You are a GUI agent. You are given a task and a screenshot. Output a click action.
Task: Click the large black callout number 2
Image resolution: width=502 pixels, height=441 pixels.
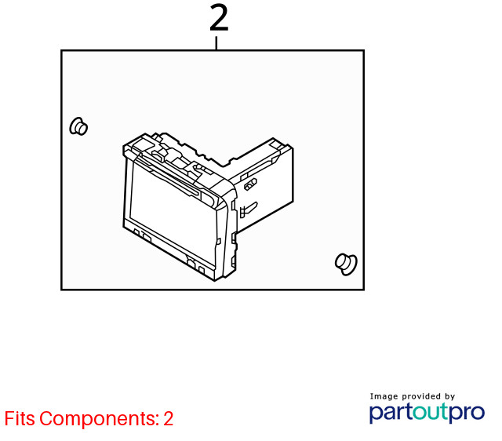point(219,18)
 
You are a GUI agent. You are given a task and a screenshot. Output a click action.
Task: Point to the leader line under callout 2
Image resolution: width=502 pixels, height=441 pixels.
point(216,43)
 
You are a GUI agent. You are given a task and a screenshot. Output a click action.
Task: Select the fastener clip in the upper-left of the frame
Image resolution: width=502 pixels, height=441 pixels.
point(78,126)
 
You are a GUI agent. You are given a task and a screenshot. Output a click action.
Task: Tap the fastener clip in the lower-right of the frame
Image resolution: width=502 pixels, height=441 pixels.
point(346,264)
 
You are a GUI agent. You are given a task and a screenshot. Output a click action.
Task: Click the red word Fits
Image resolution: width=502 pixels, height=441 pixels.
point(20,418)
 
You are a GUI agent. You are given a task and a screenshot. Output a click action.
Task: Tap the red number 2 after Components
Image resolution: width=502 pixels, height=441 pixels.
point(169,418)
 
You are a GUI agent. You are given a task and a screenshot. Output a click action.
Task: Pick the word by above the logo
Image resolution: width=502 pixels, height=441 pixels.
point(449,397)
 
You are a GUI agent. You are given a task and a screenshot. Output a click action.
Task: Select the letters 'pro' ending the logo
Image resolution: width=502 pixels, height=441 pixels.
point(467,414)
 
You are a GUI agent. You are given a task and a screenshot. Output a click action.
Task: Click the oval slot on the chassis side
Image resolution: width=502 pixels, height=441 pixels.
point(250,184)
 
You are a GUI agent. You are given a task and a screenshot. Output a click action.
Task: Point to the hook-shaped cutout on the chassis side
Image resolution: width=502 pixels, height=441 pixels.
point(248,209)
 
